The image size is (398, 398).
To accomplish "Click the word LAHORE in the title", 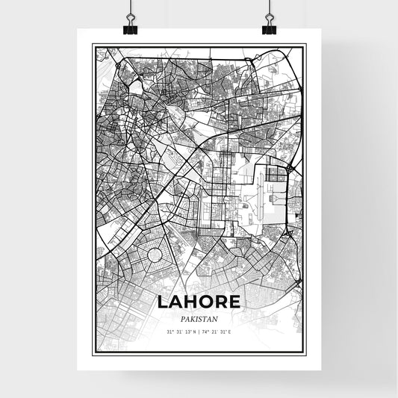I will pyautogui.click(x=199, y=302).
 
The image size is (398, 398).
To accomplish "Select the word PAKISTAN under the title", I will pyautogui.click(x=199, y=317).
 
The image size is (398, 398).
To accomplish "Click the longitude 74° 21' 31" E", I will pyautogui.click(x=218, y=332).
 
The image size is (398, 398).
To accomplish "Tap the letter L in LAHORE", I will pyautogui.click(x=163, y=302).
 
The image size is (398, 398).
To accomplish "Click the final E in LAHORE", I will pyautogui.click(x=234, y=302).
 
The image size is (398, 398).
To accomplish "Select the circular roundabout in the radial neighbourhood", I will pyautogui.click(x=155, y=255).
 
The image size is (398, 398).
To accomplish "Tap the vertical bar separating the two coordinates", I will pyautogui.click(x=199, y=332).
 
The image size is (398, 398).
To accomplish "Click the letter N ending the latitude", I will pyautogui.click(x=194, y=332).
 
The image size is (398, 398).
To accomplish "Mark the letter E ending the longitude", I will pyautogui.click(x=231, y=332).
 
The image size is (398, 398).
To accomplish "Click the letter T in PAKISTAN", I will pyautogui.click(x=205, y=317).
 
